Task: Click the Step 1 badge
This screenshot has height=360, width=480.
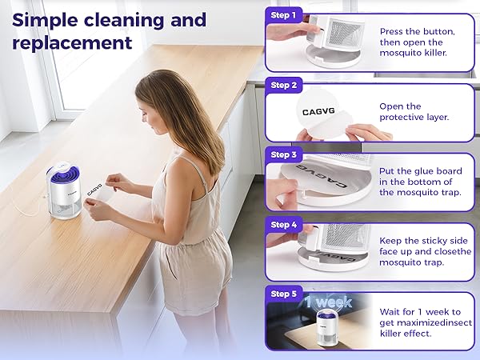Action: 283,15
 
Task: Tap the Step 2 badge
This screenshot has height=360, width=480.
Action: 283,85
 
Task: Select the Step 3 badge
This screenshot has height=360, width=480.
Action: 283,155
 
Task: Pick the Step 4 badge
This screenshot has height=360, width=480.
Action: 283,225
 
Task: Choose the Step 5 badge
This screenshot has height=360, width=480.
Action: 283,294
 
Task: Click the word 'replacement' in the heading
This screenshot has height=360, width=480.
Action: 72,43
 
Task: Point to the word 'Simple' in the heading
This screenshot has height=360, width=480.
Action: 45,21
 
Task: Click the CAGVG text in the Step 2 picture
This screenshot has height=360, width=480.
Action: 318,111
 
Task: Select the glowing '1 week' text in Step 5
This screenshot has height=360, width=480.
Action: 329,302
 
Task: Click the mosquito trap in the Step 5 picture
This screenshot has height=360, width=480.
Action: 327,327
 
